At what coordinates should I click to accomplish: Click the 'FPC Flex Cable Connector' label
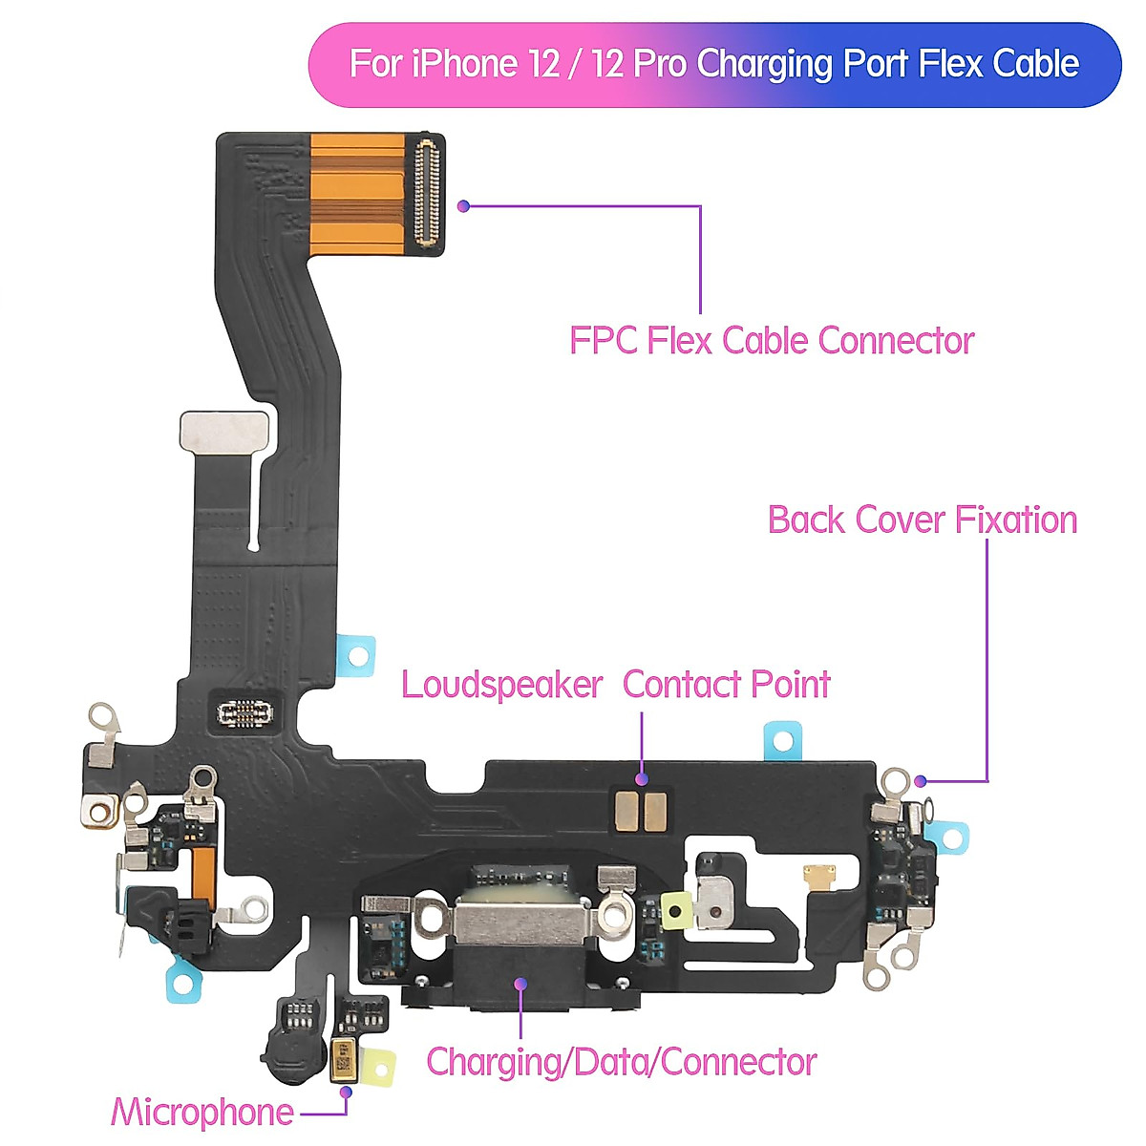[771, 341]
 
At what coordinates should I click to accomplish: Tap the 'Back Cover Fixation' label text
[922, 520]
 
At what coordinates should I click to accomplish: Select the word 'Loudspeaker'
[501, 685]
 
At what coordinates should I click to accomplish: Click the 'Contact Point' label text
[726, 685]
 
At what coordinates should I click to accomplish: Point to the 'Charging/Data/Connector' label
[621, 1062]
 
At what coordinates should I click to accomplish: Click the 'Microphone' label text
[202, 1113]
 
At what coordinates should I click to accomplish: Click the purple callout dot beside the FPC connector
[463, 205]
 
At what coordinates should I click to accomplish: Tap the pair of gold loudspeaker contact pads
[641, 811]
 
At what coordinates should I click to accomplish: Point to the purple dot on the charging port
[520, 984]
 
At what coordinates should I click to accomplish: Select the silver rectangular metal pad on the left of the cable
[225, 431]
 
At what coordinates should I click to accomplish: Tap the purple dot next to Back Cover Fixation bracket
[920, 780]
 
